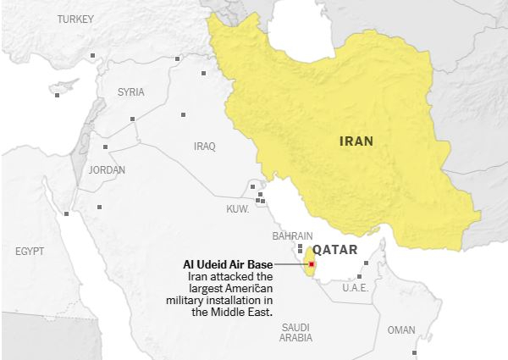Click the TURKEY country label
click(x=76, y=19)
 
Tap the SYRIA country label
click(x=130, y=91)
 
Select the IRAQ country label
click(x=204, y=146)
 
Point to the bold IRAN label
click(x=356, y=141)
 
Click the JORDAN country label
click(x=107, y=169)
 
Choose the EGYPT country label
click(x=29, y=252)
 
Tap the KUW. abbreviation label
click(x=236, y=208)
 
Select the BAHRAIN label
click(x=293, y=236)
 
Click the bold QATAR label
click(x=335, y=250)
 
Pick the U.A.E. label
click(x=356, y=288)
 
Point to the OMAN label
click(x=401, y=330)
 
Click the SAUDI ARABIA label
click(x=295, y=332)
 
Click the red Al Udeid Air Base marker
click(x=312, y=264)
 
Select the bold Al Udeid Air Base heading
click(x=229, y=264)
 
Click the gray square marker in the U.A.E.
click(x=362, y=275)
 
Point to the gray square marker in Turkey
click(x=93, y=56)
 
